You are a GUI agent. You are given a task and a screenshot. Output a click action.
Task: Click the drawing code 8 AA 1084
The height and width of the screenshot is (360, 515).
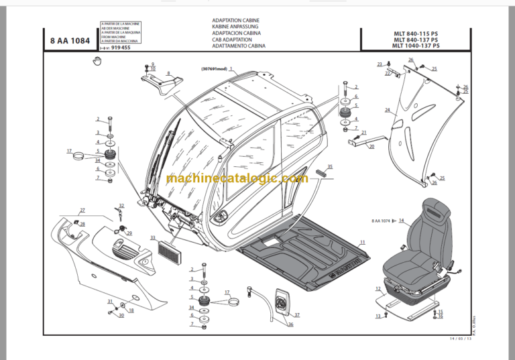tap(70, 40)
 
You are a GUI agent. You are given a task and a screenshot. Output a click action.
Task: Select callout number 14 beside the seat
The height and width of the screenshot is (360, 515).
tap(402, 220)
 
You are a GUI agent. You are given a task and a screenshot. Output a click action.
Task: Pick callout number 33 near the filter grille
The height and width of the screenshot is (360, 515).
tap(153, 237)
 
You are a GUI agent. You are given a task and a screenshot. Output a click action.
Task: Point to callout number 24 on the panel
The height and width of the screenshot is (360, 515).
tap(387, 110)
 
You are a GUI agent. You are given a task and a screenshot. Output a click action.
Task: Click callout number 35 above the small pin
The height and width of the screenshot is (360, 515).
tap(329, 166)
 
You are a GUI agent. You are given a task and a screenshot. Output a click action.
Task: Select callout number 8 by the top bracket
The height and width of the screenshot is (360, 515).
tap(168, 72)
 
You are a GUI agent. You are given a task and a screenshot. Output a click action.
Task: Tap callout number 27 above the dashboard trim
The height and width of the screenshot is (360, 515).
tap(81, 211)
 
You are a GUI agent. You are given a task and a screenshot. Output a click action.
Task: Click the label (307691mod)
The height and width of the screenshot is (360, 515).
tap(213, 69)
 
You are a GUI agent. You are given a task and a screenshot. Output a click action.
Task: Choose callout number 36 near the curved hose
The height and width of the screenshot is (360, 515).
tap(291, 324)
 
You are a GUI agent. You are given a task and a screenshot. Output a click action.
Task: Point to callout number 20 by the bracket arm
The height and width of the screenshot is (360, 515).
tap(371, 146)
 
